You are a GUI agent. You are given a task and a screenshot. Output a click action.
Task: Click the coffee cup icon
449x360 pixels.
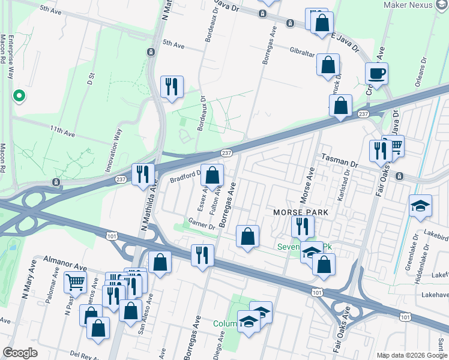(376, 74)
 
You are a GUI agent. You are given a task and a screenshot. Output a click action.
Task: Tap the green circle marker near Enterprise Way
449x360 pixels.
(19, 95)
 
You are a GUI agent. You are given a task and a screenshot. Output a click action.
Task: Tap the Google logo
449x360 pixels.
(20, 353)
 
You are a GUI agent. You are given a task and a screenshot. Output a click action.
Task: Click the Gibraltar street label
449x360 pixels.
(301, 53)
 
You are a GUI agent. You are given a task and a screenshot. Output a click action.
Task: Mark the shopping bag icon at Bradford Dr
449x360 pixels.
(212, 175)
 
